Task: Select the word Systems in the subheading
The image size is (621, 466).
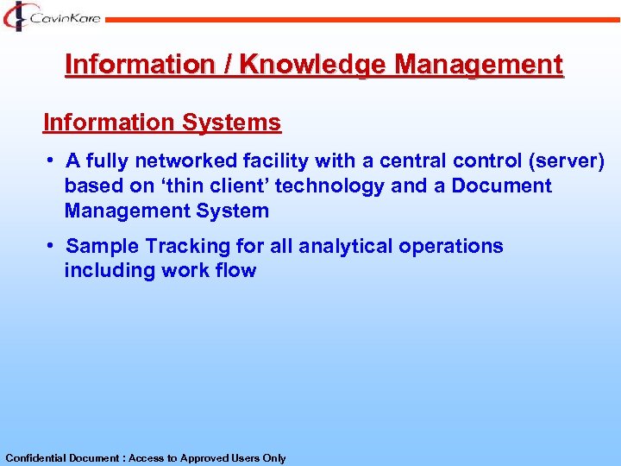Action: [231, 123]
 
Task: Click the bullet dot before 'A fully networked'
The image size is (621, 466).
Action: [52, 160]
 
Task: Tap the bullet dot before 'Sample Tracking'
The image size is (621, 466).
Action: [52, 245]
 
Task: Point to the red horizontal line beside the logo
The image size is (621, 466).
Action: [362, 17]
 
